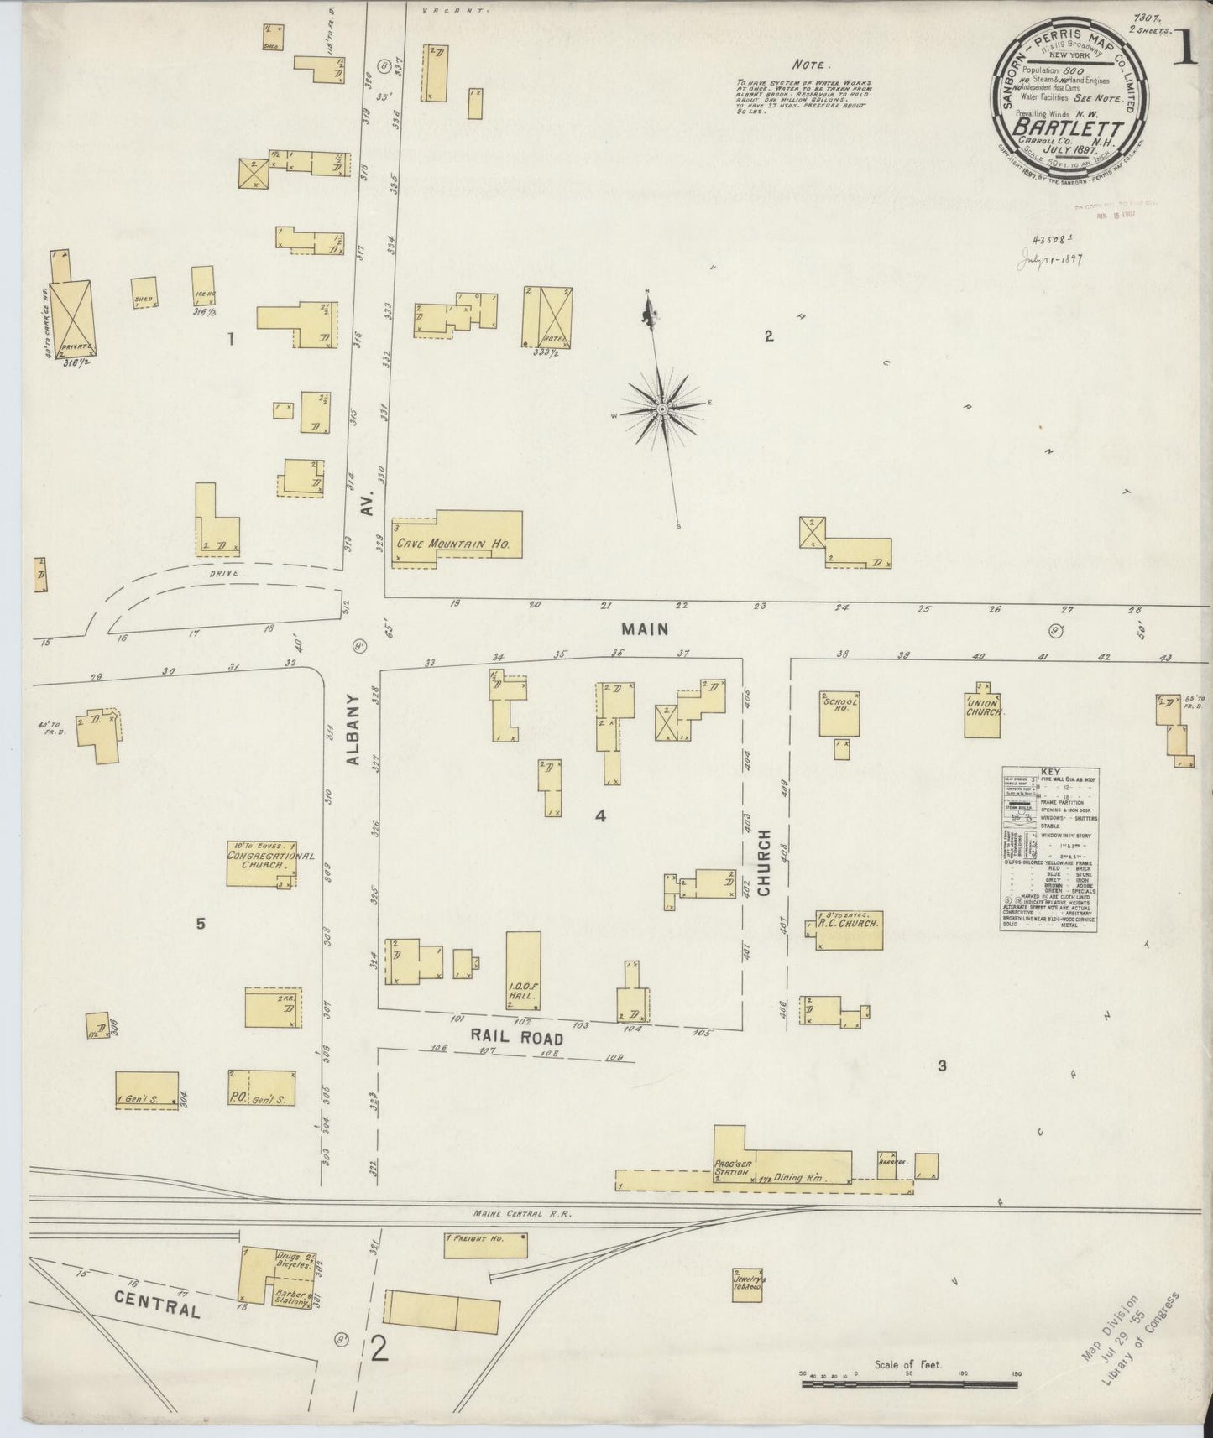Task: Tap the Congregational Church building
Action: [x=261, y=864]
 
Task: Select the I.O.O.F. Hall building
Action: [x=523, y=972]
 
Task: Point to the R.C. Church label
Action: [x=850, y=924]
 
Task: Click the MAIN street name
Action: [x=645, y=628]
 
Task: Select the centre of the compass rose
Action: [x=662, y=409]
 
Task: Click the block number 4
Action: [x=600, y=815]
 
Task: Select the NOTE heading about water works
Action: [x=811, y=64]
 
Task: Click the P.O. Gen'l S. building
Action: [x=261, y=1088]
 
